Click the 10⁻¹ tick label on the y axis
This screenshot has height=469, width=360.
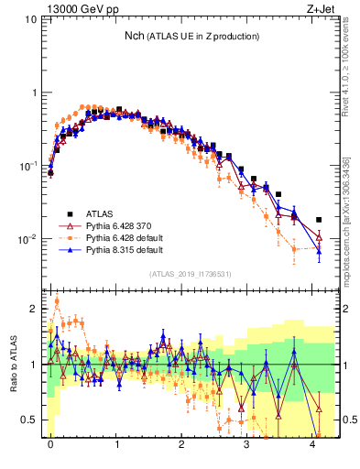31,166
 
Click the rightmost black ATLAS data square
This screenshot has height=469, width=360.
319,220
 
